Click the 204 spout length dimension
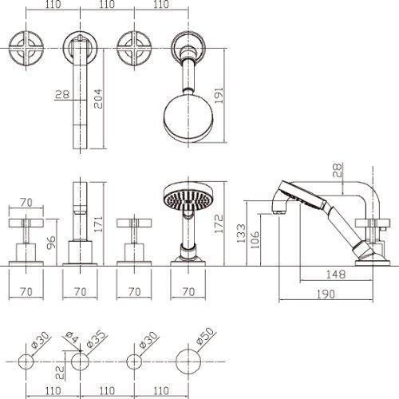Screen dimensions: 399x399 click(x=98, y=99)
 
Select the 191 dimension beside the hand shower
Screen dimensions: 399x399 click(x=219, y=95)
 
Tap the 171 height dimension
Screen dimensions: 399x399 click(x=98, y=223)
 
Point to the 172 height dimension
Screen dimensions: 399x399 click(x=219, y=223)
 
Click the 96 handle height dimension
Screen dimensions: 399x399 click(x=51, y=242)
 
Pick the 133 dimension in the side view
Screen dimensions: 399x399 click(x=241, y=233)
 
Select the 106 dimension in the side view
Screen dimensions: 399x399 click(x=255, y=239)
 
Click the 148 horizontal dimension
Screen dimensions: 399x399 click(x=336, y=275)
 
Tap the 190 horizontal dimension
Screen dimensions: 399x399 click(x=326, y=294)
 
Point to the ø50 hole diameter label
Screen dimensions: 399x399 click(x=205, y=336)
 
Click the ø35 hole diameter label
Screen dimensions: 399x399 click(x=97, y=340)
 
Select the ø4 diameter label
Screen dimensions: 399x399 click(x=72, y=338)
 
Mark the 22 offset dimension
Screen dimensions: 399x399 click(x=60, y=372)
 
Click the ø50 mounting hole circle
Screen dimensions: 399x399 click(x=188, y=361)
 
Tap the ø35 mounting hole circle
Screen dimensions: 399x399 click(x=80, y=361)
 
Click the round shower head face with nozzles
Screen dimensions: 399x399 click(x=188, y=199)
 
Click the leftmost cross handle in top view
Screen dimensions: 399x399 click(x=26, y=49)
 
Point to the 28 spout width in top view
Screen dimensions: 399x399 click(x=62, y=94)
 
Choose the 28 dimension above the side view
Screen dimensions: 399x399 click(x=337, y=171)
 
